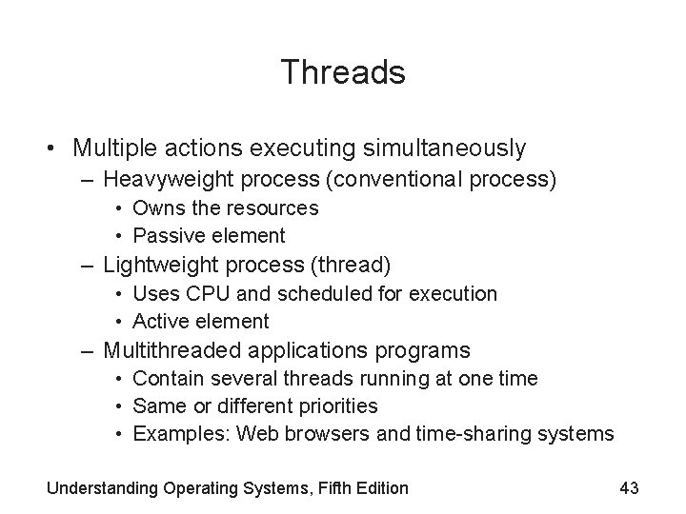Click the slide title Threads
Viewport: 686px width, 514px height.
[343, 72]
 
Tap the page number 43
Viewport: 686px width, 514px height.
[628, 488]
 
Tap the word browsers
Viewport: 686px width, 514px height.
[324, 435]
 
